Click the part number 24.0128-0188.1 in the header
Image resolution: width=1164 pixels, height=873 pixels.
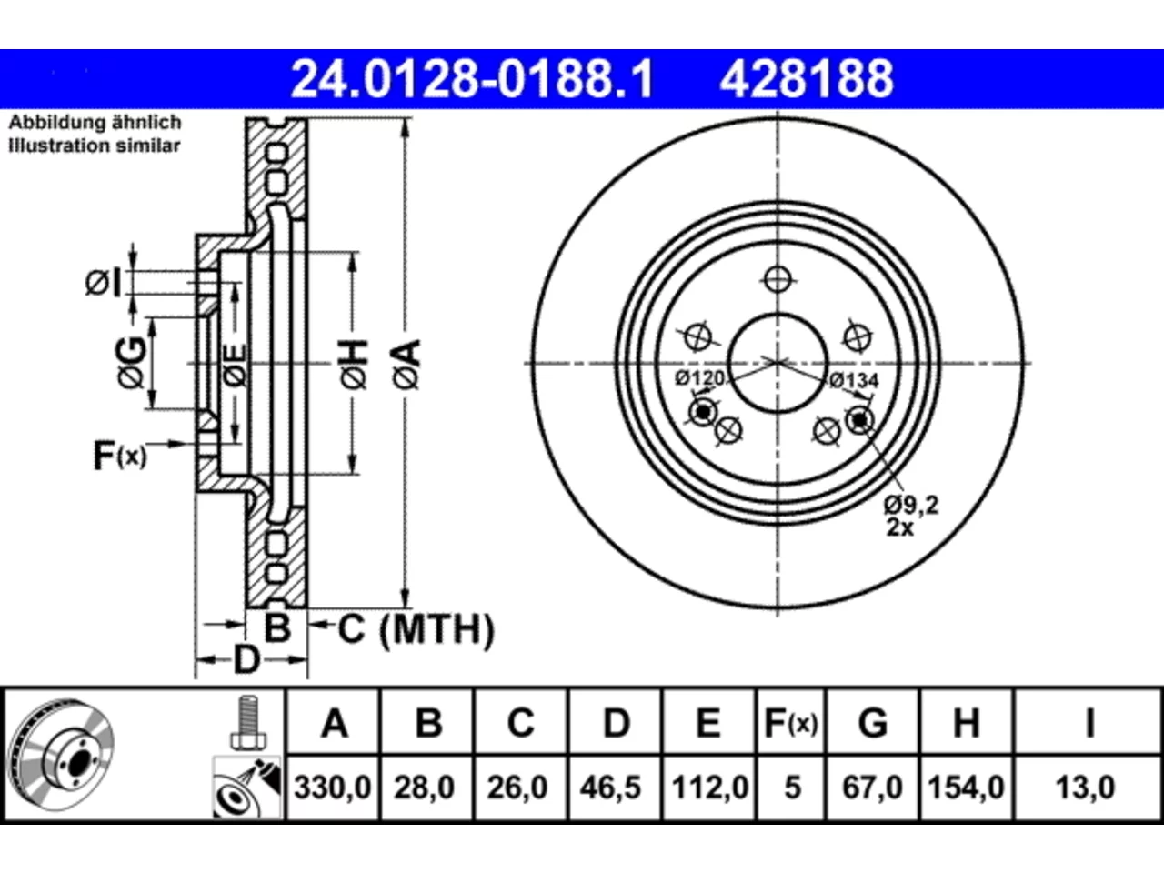(x=472, y=79)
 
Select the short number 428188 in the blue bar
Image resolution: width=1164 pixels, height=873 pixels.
(x=807, y=79)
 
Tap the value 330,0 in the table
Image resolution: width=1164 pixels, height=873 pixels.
(x=333, y=788)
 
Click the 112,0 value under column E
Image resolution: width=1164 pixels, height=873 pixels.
(x=710, y=788)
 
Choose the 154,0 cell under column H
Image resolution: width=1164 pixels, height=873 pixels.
(x=966, y=788)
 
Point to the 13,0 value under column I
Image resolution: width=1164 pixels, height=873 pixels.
(x=1086, y=788)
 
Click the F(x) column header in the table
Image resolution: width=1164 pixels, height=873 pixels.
(x=790, y=724)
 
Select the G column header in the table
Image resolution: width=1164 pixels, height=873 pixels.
(x=873, y=724)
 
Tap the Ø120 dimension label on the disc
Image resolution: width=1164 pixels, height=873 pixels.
(x=699, y=378)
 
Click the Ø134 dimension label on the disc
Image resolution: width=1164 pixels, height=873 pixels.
(x=854, y=381)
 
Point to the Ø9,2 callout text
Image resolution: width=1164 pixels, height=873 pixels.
(x=911, y=505)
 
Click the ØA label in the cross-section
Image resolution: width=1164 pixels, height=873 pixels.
(x=407, y=366)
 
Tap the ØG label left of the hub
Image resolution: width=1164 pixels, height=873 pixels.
(x=131, y=363)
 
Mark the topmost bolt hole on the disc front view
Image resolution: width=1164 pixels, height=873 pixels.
(x=778, y=279)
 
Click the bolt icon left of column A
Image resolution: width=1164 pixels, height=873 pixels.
(x=247, y=722)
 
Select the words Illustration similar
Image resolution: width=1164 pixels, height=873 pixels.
(x=95, y=145)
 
